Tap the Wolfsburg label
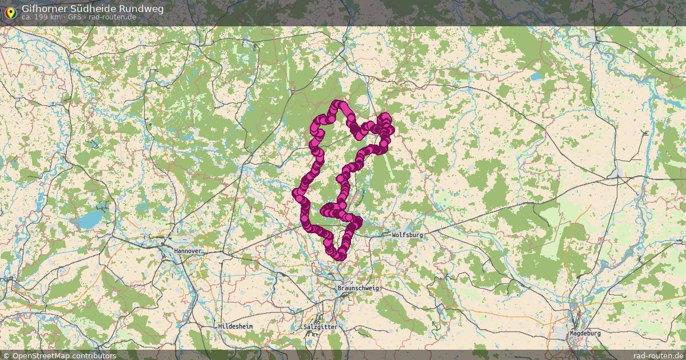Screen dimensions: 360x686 (407, 235)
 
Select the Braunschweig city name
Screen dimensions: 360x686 (358, 288)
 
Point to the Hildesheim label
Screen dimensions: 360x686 (235, 326)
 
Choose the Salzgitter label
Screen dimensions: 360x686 (321, 327)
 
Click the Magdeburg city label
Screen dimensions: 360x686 (585, 333)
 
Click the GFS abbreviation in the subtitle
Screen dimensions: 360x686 (73, 17)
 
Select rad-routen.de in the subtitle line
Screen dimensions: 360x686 (112, 17)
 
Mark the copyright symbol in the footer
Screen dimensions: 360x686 (6, 355)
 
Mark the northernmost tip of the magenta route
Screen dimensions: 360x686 (338, 104)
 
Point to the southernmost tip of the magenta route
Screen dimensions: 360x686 (340, 257)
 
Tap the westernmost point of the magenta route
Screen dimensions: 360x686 (297, 193)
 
